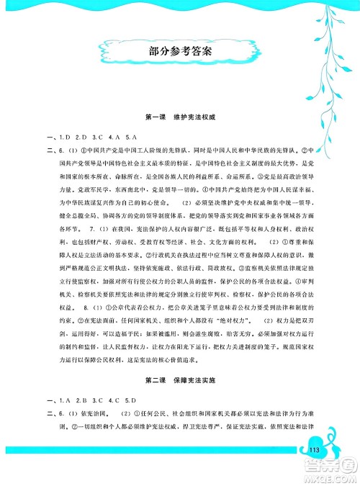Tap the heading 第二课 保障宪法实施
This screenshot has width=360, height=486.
(179, 379)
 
